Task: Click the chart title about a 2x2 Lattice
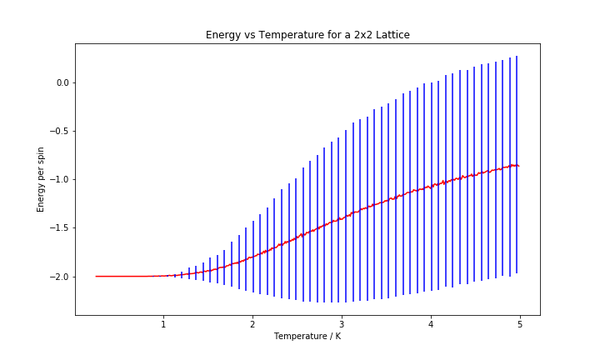tap(307, 35)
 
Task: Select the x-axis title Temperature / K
tap(307, 337)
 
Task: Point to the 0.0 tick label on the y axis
tap(59, 82)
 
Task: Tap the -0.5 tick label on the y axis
tap(57, 131)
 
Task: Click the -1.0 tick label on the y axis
tap(57, 179)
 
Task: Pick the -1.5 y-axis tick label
tap(57, 227)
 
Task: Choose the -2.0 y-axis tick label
tap(57, 277)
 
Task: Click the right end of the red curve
tap(518, 166)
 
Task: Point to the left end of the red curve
tap(97, 276)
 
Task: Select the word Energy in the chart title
tap(222, 35)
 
